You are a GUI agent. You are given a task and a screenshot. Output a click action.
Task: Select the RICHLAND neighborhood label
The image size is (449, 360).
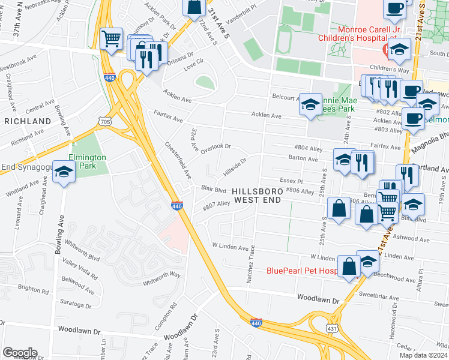coord(28,121)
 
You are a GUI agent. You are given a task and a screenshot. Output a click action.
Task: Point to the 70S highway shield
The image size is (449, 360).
coord(105,122)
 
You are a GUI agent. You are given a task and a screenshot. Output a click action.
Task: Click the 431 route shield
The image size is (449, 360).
coord(332,328)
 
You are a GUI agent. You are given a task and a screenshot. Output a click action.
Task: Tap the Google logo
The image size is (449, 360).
coord(19,353)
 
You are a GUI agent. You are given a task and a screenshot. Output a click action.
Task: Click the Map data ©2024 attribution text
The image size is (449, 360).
coord(424,355)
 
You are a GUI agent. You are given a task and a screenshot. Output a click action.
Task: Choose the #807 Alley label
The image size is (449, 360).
coord(216,205)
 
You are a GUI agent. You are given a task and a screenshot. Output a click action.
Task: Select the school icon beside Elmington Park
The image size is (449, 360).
coord(64,172)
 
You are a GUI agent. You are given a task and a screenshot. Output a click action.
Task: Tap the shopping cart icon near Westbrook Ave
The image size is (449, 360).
coord(111,39)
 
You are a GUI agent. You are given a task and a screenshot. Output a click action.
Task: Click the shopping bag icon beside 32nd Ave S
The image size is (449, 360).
coord(194,7)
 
